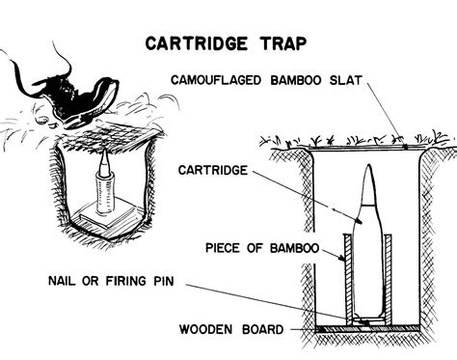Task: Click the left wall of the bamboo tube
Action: pos(348,280)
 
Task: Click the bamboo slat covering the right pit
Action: pos(366,148)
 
